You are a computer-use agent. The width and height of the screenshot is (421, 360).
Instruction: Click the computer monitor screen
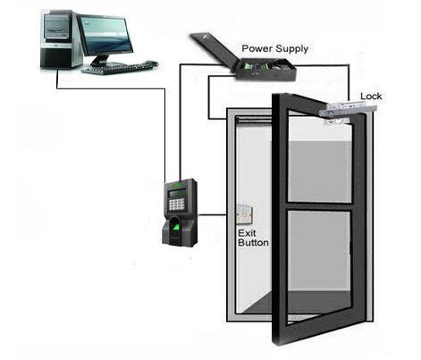point(106,34)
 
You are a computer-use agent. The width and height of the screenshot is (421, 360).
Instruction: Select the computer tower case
point(61,38)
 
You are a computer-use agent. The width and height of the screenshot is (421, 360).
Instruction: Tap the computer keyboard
point(114,68)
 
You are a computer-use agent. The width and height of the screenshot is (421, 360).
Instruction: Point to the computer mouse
point(152,63)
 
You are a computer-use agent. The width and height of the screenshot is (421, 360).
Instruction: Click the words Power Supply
point(274,48)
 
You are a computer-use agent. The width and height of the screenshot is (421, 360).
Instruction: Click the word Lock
point(371,96)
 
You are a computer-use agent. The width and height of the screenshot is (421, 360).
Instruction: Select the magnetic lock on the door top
point(348,109)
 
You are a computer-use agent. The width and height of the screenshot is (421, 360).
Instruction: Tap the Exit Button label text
point(253,238)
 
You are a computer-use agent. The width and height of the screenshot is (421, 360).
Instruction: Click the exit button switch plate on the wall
point(244,214)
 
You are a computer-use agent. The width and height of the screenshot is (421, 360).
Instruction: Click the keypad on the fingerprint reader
point(176,204)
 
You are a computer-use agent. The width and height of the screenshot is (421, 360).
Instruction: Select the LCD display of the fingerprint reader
point(177,194)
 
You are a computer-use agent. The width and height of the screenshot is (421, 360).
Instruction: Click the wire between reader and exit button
point(212,214)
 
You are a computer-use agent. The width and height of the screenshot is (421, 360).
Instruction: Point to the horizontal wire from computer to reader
point(111,88)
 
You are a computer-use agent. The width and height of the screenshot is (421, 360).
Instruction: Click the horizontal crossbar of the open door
point(319,206)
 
